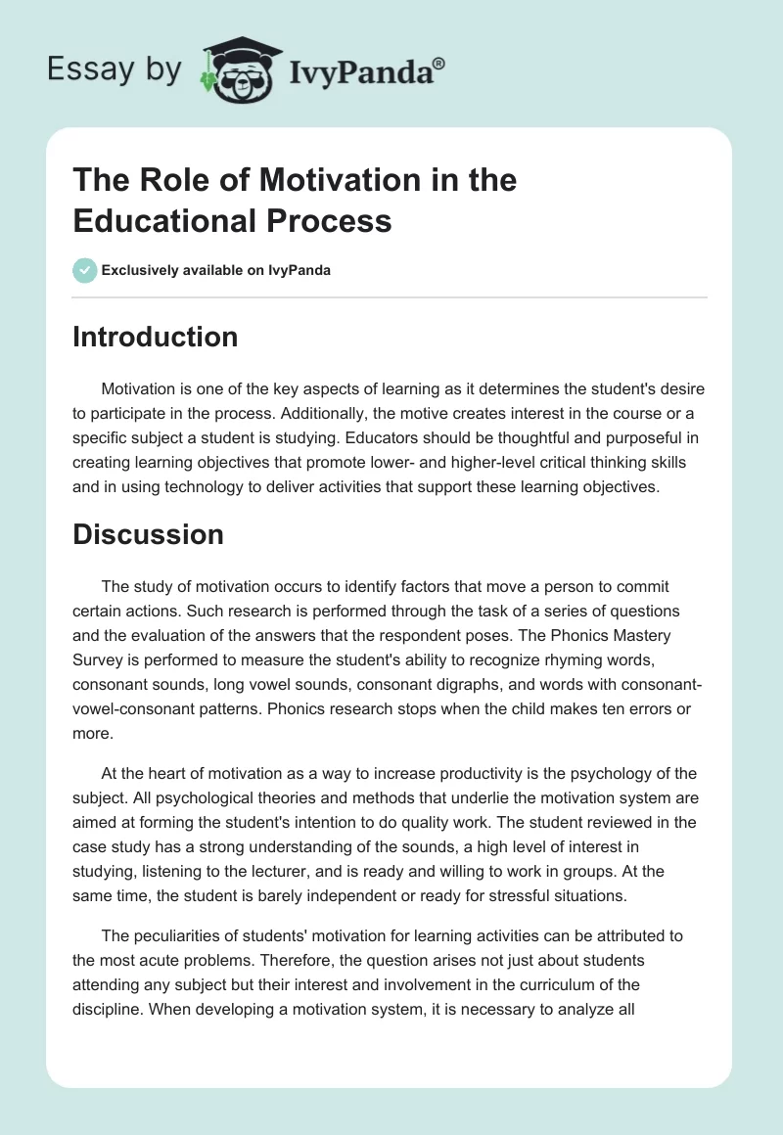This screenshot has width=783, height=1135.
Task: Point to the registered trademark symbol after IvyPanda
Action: tap(439, 63)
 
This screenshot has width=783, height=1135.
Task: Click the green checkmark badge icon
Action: tap(84, 270)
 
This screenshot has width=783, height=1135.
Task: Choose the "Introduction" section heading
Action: tap(156, 337)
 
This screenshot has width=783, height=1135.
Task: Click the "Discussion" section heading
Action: tap(148, 534)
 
